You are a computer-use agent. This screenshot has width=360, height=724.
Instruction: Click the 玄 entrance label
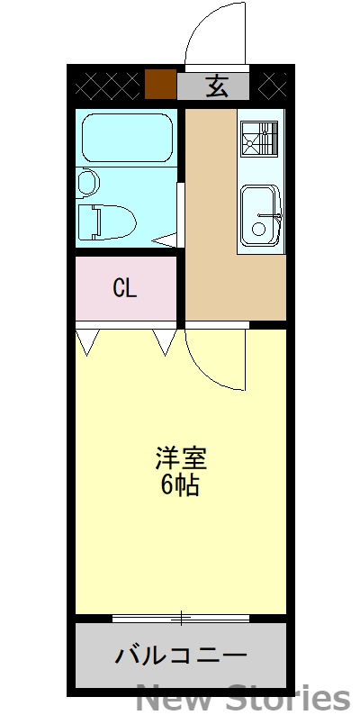click(216, 86)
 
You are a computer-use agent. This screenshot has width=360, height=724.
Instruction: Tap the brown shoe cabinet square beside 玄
click(160, 86)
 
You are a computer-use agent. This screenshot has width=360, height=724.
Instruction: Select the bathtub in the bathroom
click(126, 136)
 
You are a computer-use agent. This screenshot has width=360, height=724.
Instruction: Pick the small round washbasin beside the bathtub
click(87, 183)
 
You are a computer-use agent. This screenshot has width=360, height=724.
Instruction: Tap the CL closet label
click(124, 288)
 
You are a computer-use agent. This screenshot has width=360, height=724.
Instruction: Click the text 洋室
click(181, 458)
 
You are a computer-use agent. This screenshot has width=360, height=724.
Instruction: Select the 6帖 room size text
click(181, 486)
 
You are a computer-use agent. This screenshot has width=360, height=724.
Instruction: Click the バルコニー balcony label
click(180, 655)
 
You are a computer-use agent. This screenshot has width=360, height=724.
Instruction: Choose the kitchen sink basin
click(262, 216)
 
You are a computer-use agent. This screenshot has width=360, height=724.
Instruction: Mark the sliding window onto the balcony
click(181, 618)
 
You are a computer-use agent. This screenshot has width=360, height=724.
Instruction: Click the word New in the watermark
click(181, 699)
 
